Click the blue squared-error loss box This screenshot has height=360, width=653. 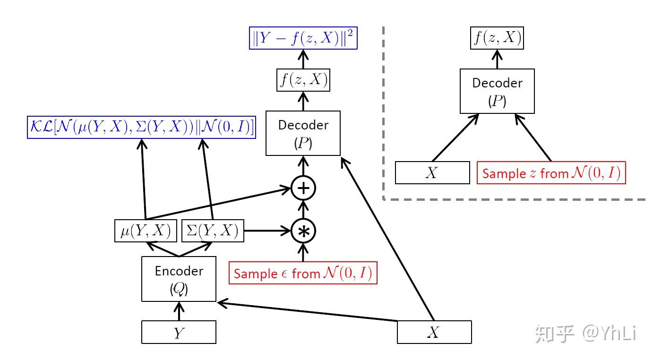click(x=303, y=38)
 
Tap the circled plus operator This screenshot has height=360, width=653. click(x=303, y=188)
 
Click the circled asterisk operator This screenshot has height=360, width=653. click(x=303, y=231)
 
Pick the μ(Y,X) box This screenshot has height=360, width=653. click(x=146, y=231)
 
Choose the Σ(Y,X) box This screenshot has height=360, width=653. click(x=213, y=231)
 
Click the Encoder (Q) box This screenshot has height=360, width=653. click(x=179, y=279)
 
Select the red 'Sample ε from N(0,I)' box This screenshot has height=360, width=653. click(x=303, y=273)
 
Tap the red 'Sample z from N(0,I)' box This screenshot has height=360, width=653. click(x=551, y=173)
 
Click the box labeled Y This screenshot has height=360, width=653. click(x=179, y=332)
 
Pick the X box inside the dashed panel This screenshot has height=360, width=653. click(x=432, y=172)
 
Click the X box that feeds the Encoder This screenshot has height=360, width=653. click(x=434, y=332)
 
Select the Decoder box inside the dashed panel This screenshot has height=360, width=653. click(x=497, y=91)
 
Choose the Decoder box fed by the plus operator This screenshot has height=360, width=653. click(x=303, y=133)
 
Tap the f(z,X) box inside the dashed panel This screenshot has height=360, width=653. click(x=497, y=38)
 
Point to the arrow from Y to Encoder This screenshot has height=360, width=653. click(x=179, y=311)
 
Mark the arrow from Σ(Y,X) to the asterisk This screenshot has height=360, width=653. click(x=267, y=231)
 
